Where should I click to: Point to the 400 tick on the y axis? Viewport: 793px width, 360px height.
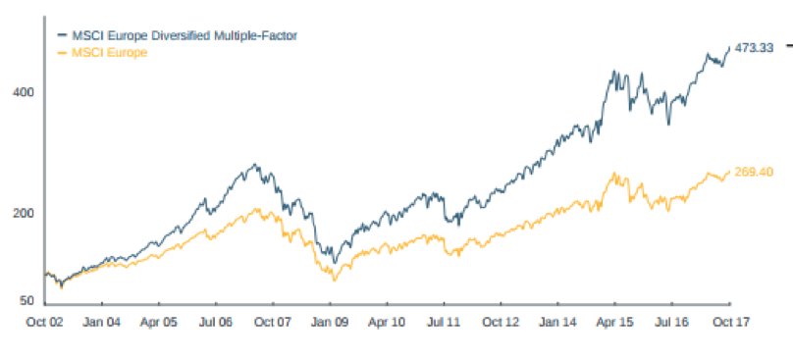coord(23,92)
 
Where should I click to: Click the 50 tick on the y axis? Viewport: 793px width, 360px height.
coord(26,301)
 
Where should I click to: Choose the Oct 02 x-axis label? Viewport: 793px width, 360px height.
coord(45,321)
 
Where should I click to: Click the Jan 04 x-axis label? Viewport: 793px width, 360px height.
coord(102,321)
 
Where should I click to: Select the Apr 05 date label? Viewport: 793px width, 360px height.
coord(158,321)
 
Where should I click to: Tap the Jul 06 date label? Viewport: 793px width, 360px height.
coord(215,321)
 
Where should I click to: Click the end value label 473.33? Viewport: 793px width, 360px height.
coord(755,47)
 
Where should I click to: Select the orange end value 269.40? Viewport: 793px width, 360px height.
coord(755,172)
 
